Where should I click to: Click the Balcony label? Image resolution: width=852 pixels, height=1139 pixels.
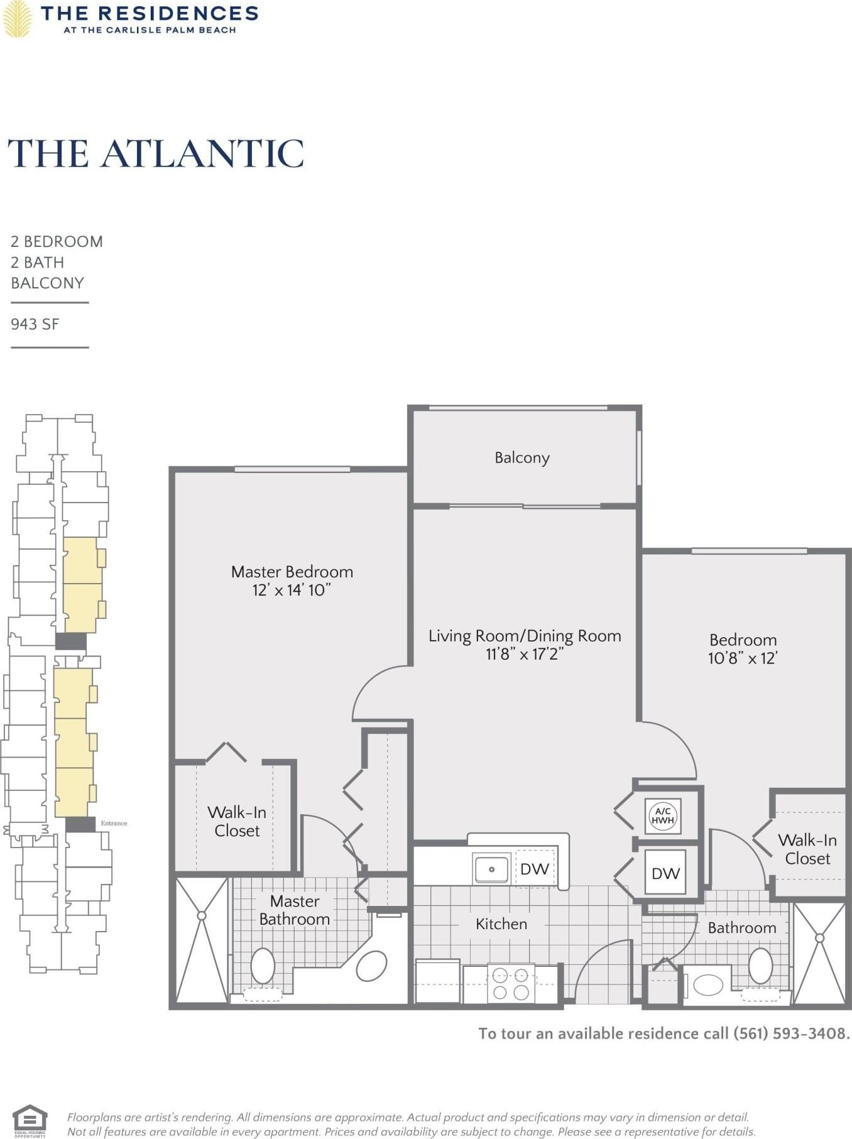522,458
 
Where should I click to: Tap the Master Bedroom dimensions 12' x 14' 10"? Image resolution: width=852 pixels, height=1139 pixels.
292,590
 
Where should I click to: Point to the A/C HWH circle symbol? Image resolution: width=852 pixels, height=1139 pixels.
663,815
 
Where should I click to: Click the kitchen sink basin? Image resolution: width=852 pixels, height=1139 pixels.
491,869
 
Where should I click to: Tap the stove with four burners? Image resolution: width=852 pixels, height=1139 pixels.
511,984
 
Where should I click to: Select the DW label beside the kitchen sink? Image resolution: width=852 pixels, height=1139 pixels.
535,869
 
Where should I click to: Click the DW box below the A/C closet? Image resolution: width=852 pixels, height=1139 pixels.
665,873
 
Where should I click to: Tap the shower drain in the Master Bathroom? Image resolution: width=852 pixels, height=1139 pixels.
202,916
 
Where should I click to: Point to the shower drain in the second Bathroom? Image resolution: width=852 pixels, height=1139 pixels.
819,938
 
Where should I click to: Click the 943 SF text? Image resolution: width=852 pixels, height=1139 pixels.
35,324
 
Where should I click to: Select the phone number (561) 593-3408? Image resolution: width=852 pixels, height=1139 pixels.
791,1033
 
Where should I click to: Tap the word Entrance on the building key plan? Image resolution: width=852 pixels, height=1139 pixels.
114,823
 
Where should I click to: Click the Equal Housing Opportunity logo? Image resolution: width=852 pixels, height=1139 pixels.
30,1121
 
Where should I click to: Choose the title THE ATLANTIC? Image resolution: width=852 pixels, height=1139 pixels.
156,154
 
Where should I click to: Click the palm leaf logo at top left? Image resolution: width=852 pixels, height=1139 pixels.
17,19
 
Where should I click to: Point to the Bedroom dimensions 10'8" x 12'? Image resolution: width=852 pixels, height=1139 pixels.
743,658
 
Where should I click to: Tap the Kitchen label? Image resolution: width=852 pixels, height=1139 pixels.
501,924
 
